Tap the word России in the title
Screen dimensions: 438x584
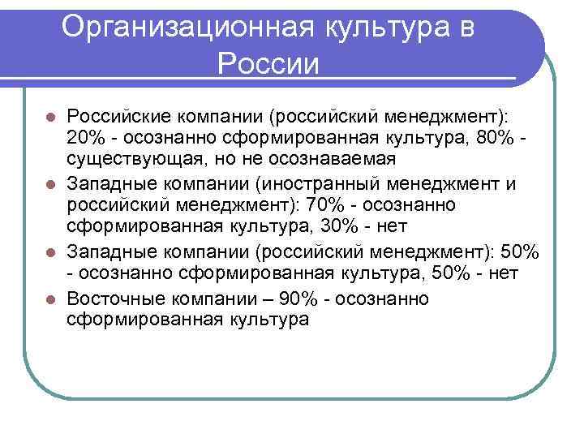tap(268, 63)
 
